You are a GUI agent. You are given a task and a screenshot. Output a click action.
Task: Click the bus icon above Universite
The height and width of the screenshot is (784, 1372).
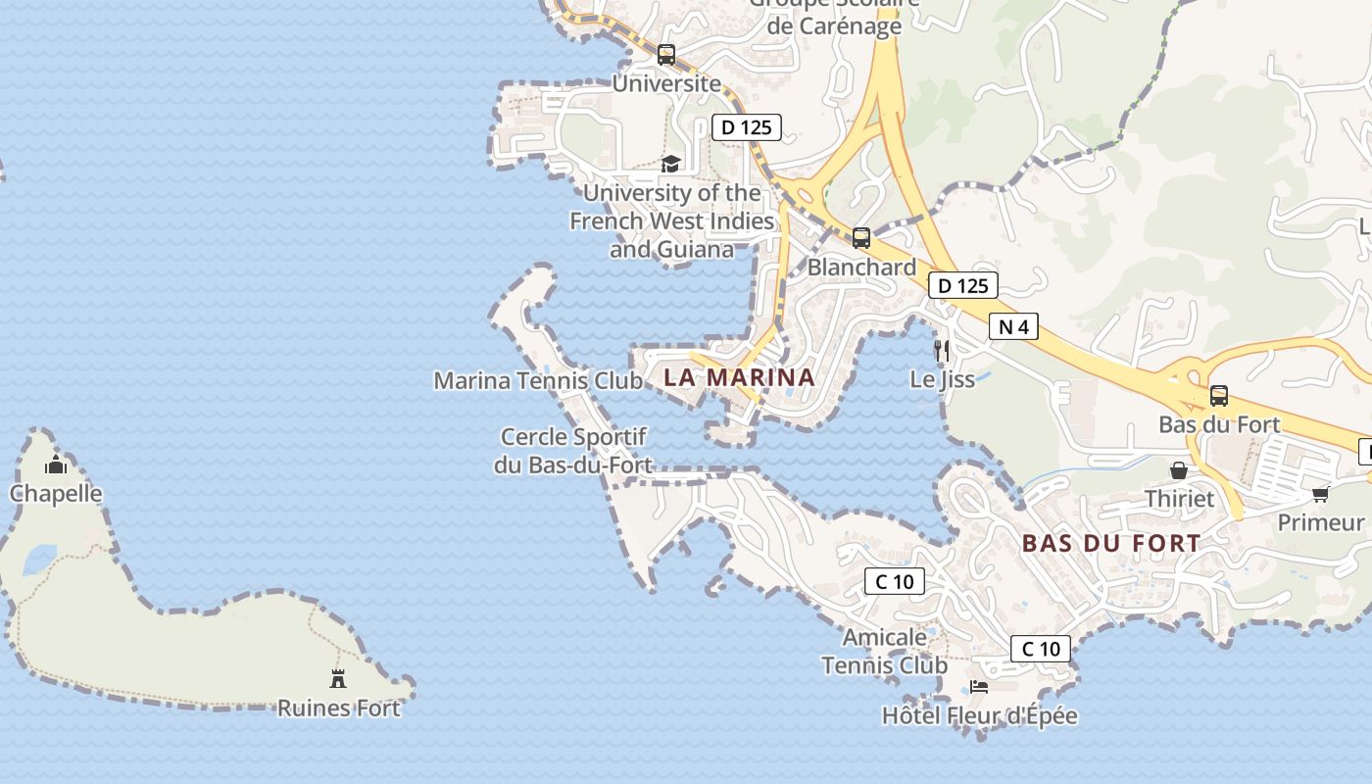(x=666, y=55)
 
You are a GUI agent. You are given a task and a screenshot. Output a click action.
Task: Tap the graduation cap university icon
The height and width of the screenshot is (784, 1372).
(x=670, y=164)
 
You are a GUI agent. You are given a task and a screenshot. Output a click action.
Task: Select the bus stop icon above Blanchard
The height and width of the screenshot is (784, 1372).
(x=861, y=238)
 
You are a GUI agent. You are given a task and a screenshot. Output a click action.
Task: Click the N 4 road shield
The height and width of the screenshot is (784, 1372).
(x=1013, y=326)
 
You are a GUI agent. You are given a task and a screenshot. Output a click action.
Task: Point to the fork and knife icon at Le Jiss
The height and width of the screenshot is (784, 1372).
(x=942, y=351)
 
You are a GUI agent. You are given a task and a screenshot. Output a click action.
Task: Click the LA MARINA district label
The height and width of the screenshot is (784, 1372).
(x=739, y=377)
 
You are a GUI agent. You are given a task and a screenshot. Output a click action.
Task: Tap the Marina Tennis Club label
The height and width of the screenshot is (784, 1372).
(x=538, y=380)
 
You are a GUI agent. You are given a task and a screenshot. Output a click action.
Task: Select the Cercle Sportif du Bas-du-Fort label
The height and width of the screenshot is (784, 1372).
(x=573, y=451)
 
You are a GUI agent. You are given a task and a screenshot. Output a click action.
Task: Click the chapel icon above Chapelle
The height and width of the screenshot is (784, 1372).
(x=56, y=465)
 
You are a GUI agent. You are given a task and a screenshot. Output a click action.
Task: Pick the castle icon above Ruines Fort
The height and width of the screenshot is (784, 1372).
(x=338, y=678)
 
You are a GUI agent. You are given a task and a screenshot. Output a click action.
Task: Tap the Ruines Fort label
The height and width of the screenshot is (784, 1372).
(x=339, y=708)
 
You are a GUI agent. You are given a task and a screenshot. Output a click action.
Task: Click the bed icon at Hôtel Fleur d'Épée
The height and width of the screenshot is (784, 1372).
(x=978, y=687)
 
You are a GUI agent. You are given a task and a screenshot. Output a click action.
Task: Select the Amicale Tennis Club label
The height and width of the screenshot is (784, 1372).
(x=884, y=652)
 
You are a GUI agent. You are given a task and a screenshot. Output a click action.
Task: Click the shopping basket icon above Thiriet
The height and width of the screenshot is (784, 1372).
(x=1179, y=470)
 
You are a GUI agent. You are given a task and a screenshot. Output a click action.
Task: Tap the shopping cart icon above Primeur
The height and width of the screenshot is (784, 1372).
(x=1320, y=494)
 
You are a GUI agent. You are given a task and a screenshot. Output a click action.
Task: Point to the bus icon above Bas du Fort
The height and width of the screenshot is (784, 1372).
(x=1219, y=396)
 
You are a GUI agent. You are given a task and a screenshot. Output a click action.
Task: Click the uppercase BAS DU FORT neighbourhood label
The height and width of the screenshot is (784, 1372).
(x=1110, y=543)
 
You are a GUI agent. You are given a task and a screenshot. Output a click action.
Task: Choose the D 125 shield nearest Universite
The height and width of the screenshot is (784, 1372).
(x=747, y=127)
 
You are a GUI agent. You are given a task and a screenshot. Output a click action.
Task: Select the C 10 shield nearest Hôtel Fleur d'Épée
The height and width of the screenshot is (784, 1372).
(x=1041, y=649)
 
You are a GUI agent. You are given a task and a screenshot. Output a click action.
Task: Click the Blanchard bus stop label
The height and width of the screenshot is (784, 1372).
(x=861, y=268)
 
